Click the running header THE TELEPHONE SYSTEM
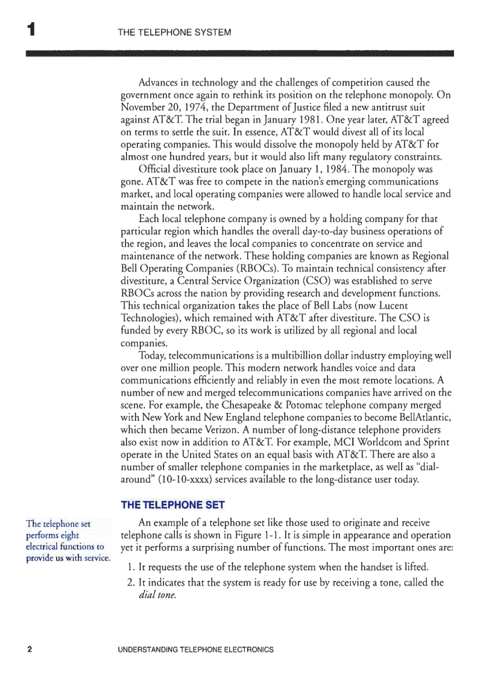(x=175, y=32)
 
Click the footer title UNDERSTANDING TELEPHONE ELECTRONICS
(x=196, y=650)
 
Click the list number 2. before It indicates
(x=132, y=582)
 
